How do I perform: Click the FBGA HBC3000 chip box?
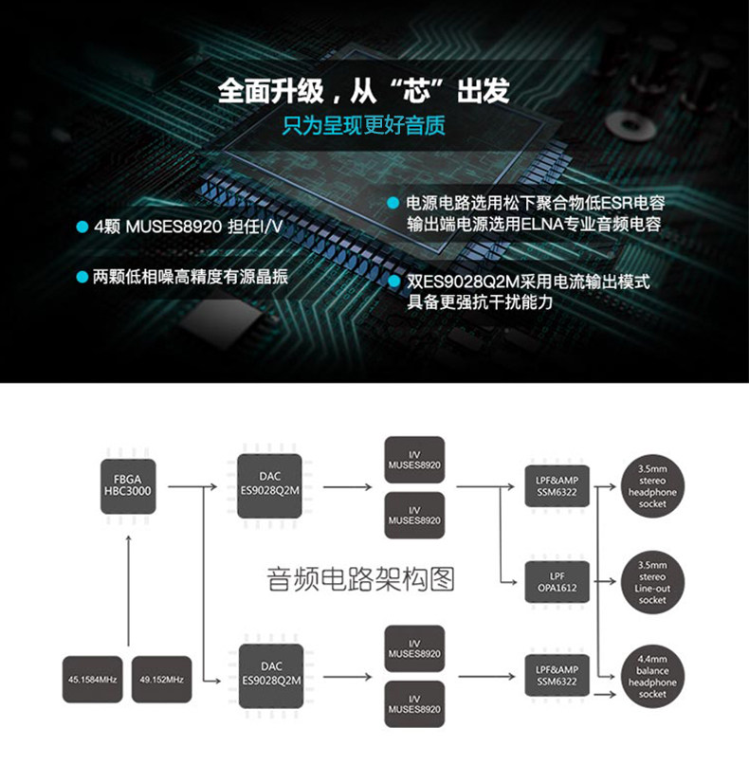(128, 486)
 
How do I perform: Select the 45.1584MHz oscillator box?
(92, 679)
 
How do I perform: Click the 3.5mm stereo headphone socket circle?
(652, 486)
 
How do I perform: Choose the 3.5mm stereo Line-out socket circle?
(652, 582)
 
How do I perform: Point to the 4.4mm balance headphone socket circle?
(652, 677)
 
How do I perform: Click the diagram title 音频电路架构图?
(361, 578)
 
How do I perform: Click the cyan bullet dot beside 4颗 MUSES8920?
(82, 228)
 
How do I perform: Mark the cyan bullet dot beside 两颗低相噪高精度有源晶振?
(82, 277)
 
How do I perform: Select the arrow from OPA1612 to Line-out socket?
(605, 582)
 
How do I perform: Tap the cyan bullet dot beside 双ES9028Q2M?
(393, 282)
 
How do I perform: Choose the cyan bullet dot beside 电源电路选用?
(393, 203)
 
